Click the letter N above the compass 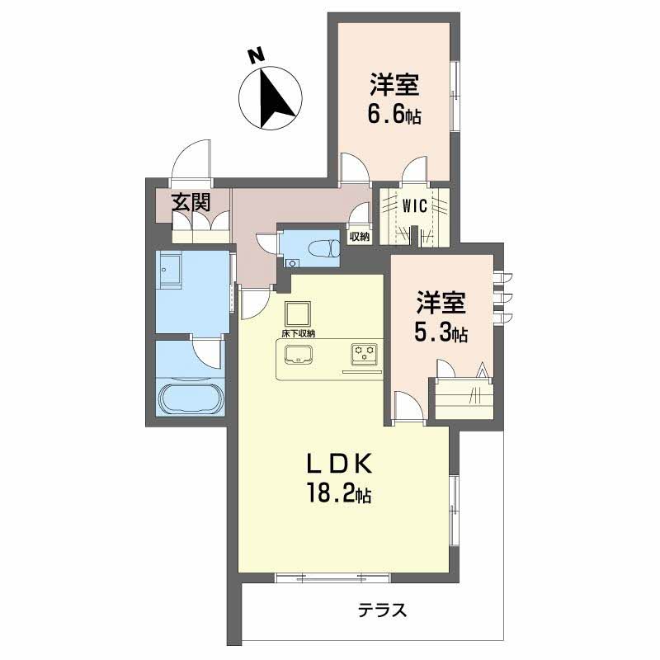coord(256,56)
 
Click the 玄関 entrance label coord(191,203)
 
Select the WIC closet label coord(415,205)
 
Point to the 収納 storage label coord(360,237)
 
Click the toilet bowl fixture coord(324,247)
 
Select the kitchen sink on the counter coord(299,355)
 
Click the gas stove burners coord(365,354)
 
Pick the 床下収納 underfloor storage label coord(299,334)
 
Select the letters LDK coord(339,464)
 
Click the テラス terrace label coord(383,610)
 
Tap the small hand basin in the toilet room coord(292,263)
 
